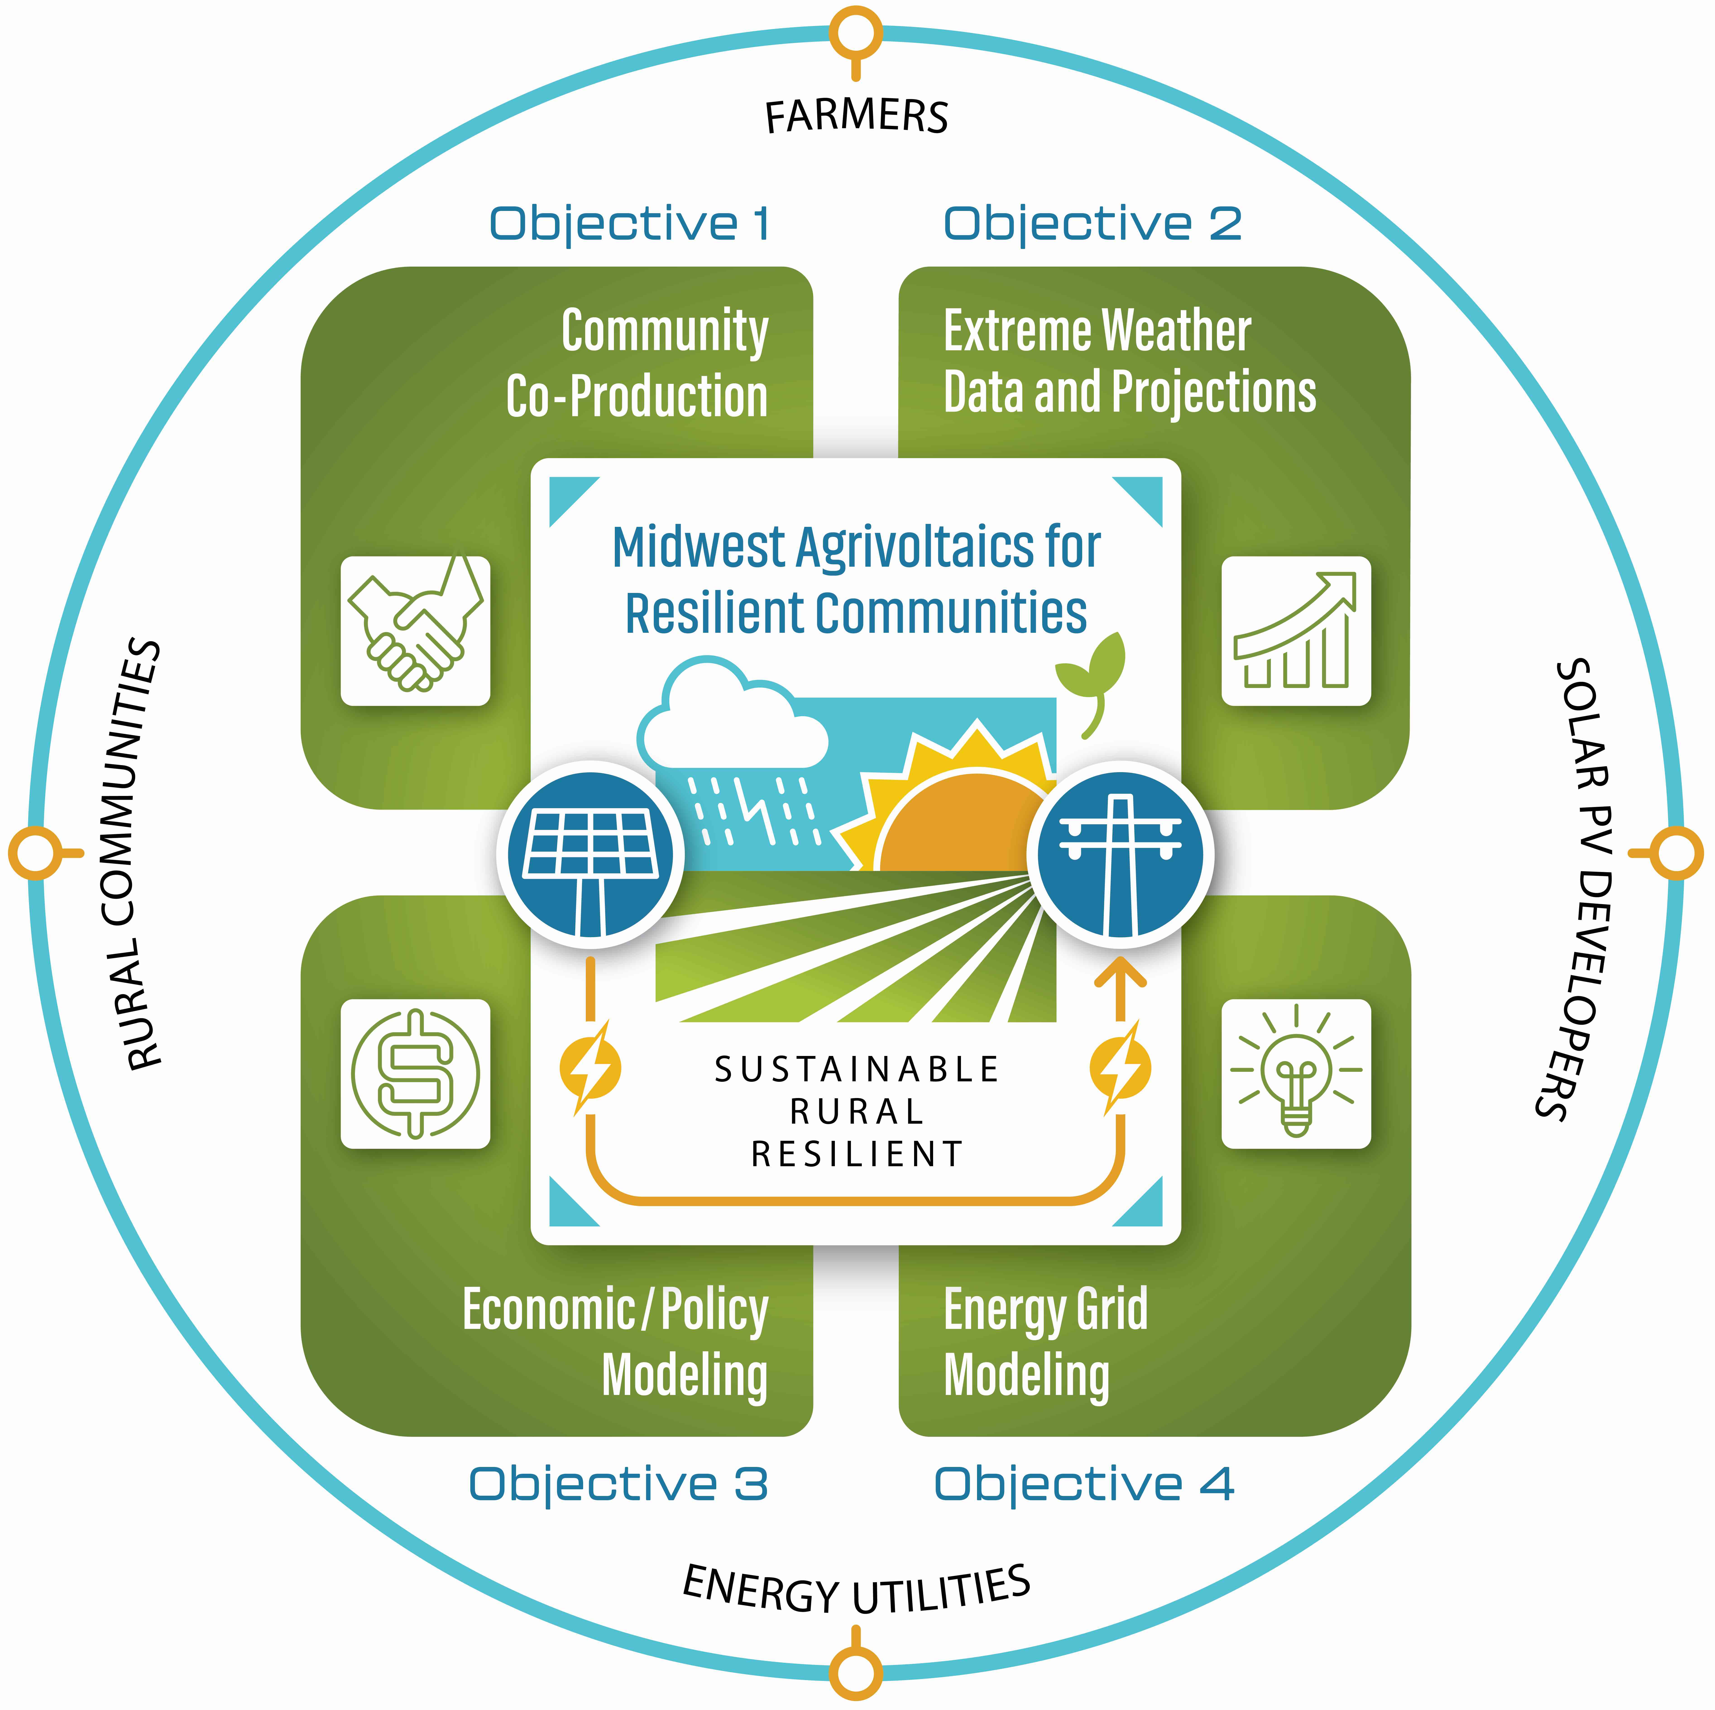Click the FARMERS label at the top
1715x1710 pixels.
(x=857, y=116)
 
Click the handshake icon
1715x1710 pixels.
(x=415, y=631)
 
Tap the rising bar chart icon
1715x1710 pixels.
(x=1296, y=631)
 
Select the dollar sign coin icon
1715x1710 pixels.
(x=415, y=1074)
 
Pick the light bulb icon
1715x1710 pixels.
(x=1296, y=1074)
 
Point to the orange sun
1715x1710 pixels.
(x=963, y=821)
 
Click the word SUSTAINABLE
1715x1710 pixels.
(x=857, y=1069)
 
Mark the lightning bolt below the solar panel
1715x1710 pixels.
(x=590, y=1068)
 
